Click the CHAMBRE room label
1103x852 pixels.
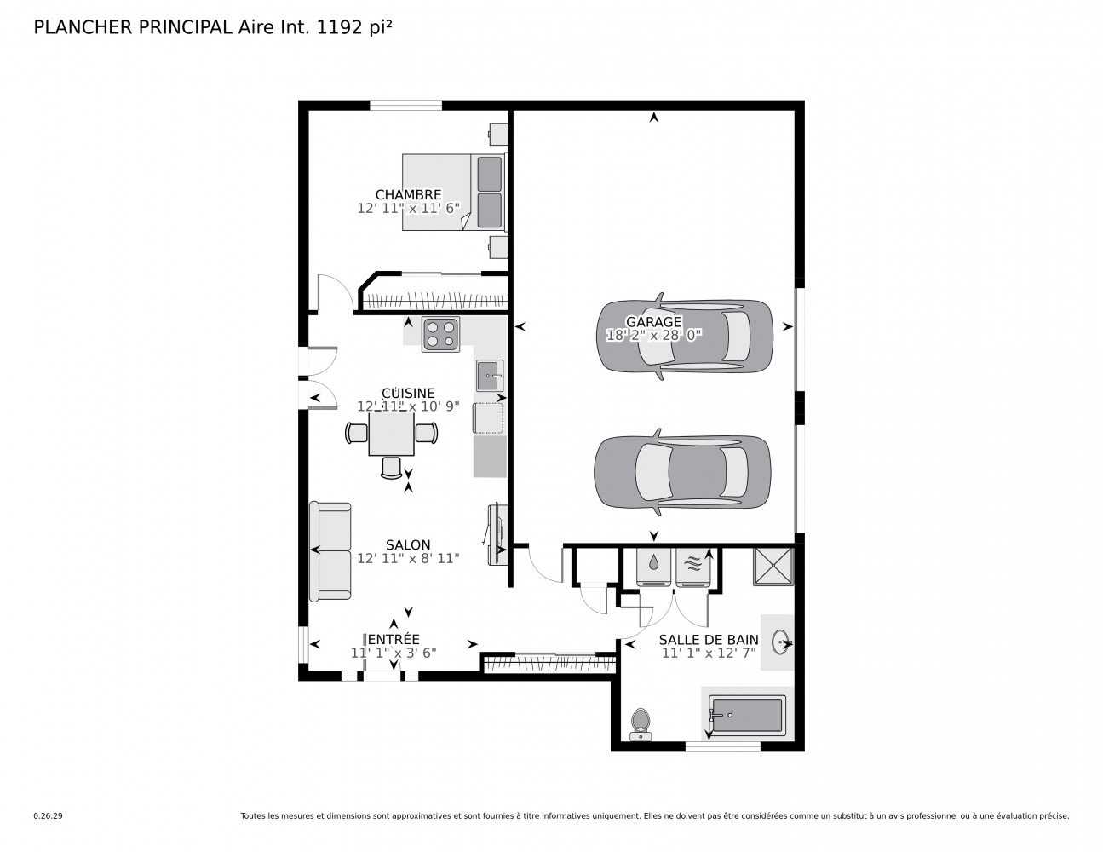[x=408, y=194]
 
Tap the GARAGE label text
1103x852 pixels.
[x=653, y=322]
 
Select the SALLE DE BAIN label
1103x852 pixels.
[x=709, y=640]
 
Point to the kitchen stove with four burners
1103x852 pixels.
[x=440, y=334]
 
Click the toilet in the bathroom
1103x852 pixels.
[x=641, y=724]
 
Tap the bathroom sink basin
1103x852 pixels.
[x=781, y=642]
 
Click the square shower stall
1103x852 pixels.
[x=773, y=567]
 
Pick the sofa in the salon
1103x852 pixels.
[x=330, y=551]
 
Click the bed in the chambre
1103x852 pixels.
[x=455, y=192]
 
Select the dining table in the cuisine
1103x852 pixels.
[x=391, y=434]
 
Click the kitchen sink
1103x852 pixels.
[x=489, y=376]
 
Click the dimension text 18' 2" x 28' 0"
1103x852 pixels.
[x=654, y=335]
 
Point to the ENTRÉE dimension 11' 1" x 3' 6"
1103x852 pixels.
[x=394, y=653]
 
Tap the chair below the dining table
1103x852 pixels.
[x=391, y=468]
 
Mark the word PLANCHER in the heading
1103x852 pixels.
[x=83, y=28]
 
